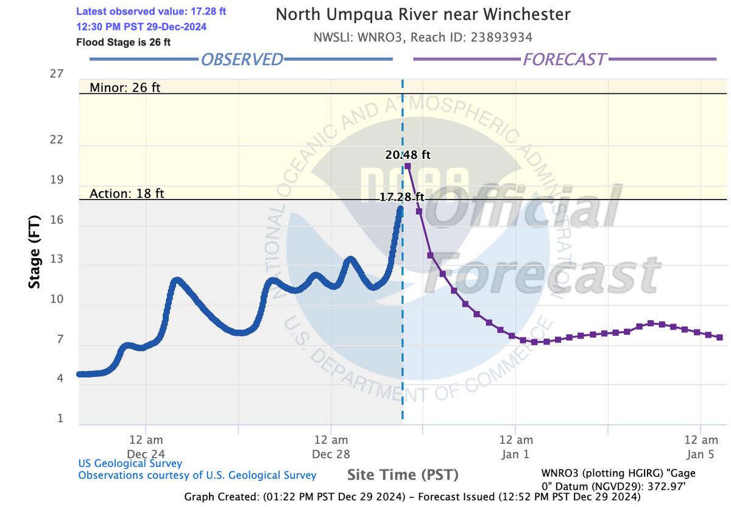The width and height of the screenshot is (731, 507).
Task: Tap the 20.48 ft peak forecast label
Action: tap(408, 155)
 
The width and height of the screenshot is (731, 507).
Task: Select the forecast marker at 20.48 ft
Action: tap(408, 166)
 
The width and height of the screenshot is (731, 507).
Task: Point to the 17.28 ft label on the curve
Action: tap(401, 197)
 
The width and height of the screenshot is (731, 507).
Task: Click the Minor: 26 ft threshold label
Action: tap(125, 88)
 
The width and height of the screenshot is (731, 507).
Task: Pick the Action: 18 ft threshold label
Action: tap(127, 194)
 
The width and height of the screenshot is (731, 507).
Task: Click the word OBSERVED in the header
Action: tap(242, 59)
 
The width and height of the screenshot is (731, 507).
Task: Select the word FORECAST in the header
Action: tap(564, 59)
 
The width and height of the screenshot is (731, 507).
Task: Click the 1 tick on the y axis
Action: tap(60, 419)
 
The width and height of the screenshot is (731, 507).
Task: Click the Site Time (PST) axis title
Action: tap(403, 475)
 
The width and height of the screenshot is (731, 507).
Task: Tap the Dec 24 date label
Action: tap(146, 453)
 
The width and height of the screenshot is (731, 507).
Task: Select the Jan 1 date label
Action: tap(516, 453)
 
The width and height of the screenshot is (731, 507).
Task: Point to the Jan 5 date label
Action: tap(701, 453)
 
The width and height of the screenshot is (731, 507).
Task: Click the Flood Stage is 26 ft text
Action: tap(124, 43)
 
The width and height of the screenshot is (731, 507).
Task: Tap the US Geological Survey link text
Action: tap(130, 464)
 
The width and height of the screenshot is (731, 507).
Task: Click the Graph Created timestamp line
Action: tap(412, 497)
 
